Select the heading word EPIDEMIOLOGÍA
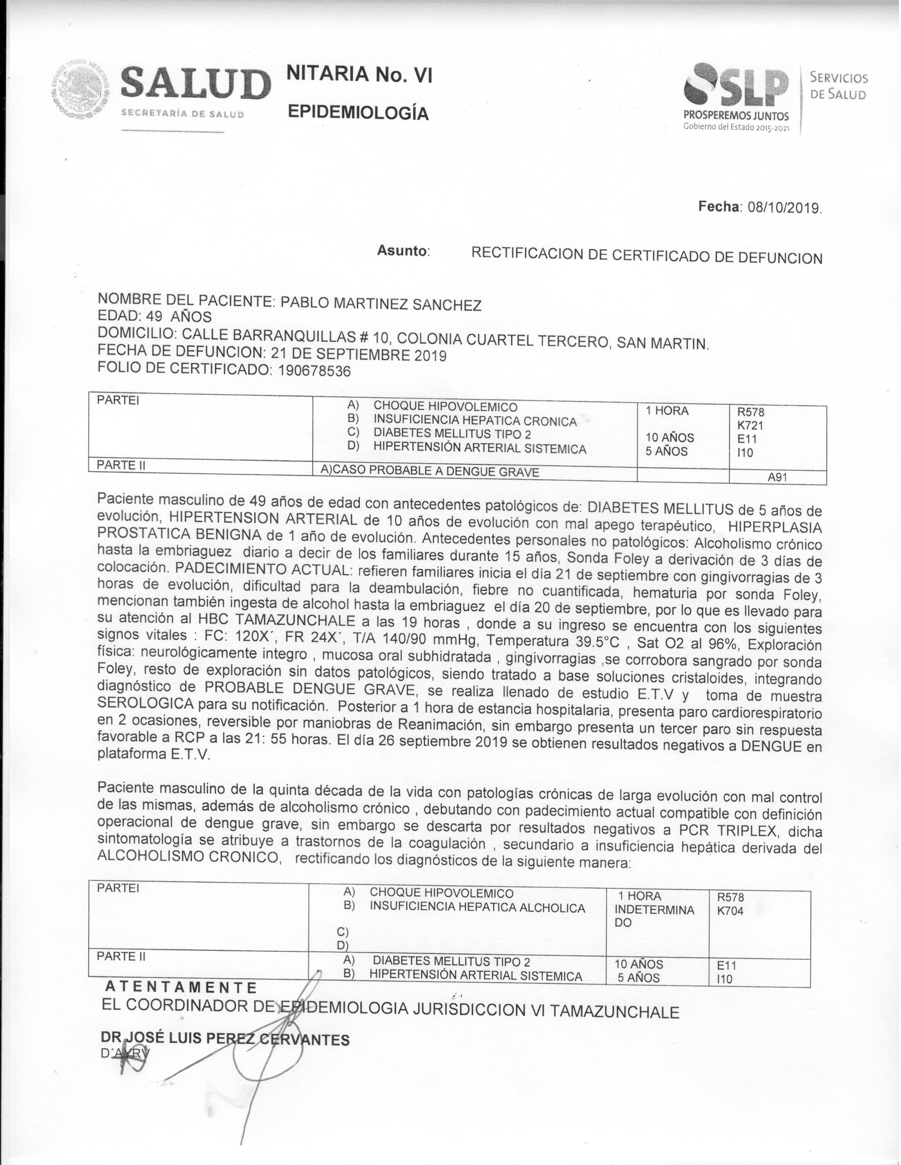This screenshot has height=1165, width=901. point(358,113)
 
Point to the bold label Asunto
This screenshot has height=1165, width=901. point(403,250)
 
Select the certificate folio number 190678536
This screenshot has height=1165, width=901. point(314,371)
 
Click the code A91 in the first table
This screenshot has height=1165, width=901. point(777,477)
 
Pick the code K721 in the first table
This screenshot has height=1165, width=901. point(750,426)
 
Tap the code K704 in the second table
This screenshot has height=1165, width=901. point(730,910)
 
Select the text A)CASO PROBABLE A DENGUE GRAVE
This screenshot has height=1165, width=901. point(430,471)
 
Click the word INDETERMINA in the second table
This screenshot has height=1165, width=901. point(654,910)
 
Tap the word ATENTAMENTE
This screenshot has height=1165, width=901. point(182,987)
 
